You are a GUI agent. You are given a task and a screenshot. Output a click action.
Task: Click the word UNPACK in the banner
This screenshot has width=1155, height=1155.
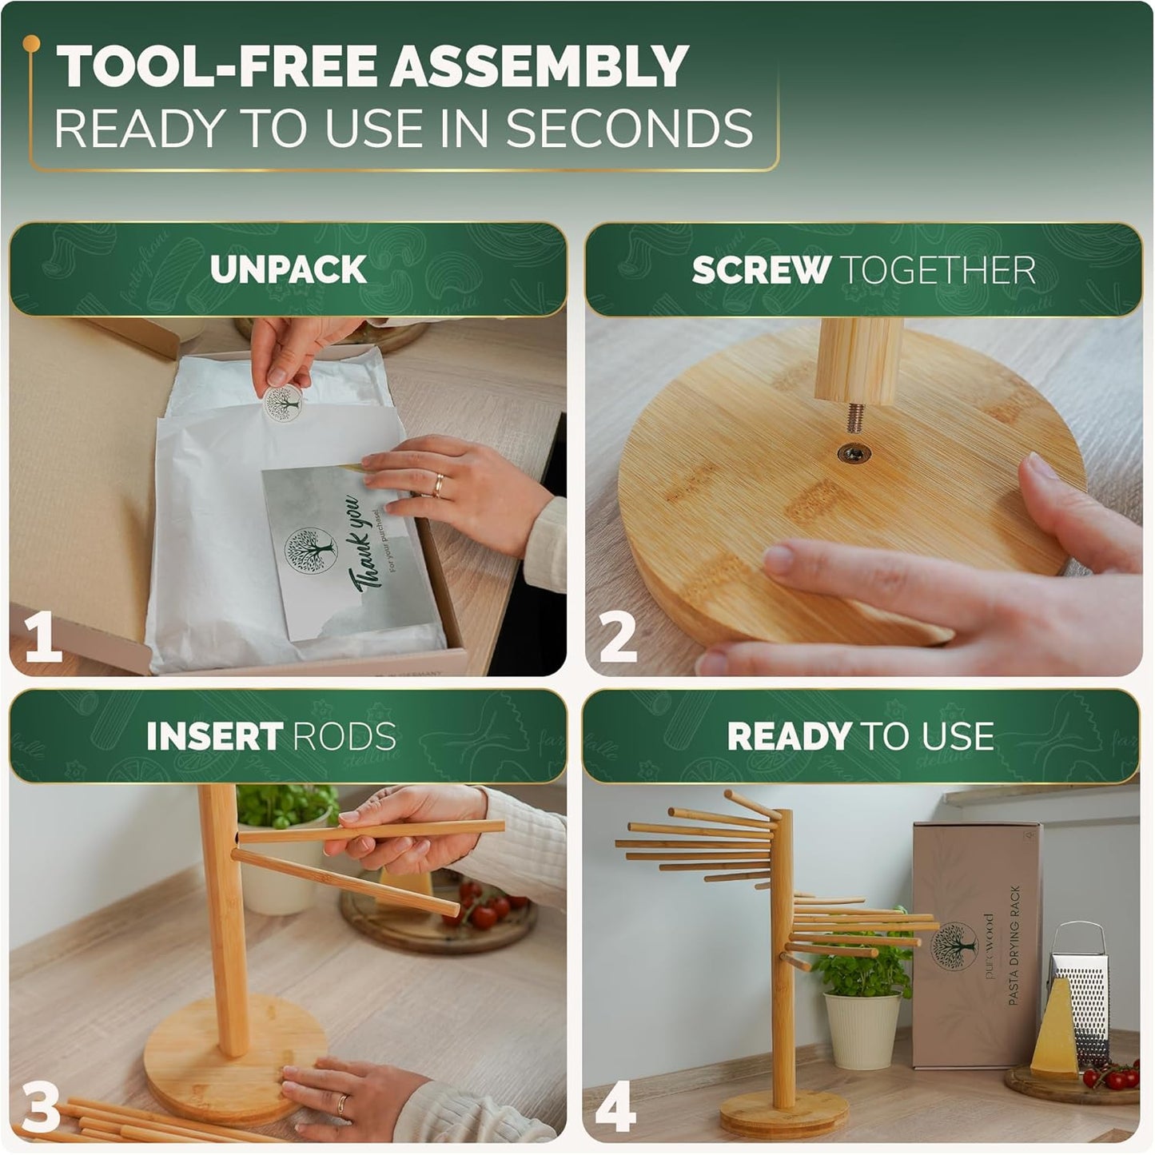click(288, 269)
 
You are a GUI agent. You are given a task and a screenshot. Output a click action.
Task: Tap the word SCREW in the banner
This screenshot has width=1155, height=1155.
click(760, 270)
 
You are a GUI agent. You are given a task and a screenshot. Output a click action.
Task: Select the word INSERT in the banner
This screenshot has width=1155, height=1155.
click(214, 736)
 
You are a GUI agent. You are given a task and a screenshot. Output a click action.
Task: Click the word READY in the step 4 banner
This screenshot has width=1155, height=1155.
click(789, 736)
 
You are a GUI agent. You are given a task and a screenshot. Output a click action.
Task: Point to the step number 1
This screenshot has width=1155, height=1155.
click(43, 636)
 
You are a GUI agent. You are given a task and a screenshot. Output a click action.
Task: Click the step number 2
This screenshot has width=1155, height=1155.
click(618, 636)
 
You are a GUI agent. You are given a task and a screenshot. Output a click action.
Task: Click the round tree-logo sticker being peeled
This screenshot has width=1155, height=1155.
click(283, 404)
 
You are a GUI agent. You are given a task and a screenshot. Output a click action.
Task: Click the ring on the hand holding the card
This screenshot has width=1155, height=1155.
click(439, 484)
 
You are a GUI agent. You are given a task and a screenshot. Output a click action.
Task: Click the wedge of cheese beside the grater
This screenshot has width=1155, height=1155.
click(1053, 1031)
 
